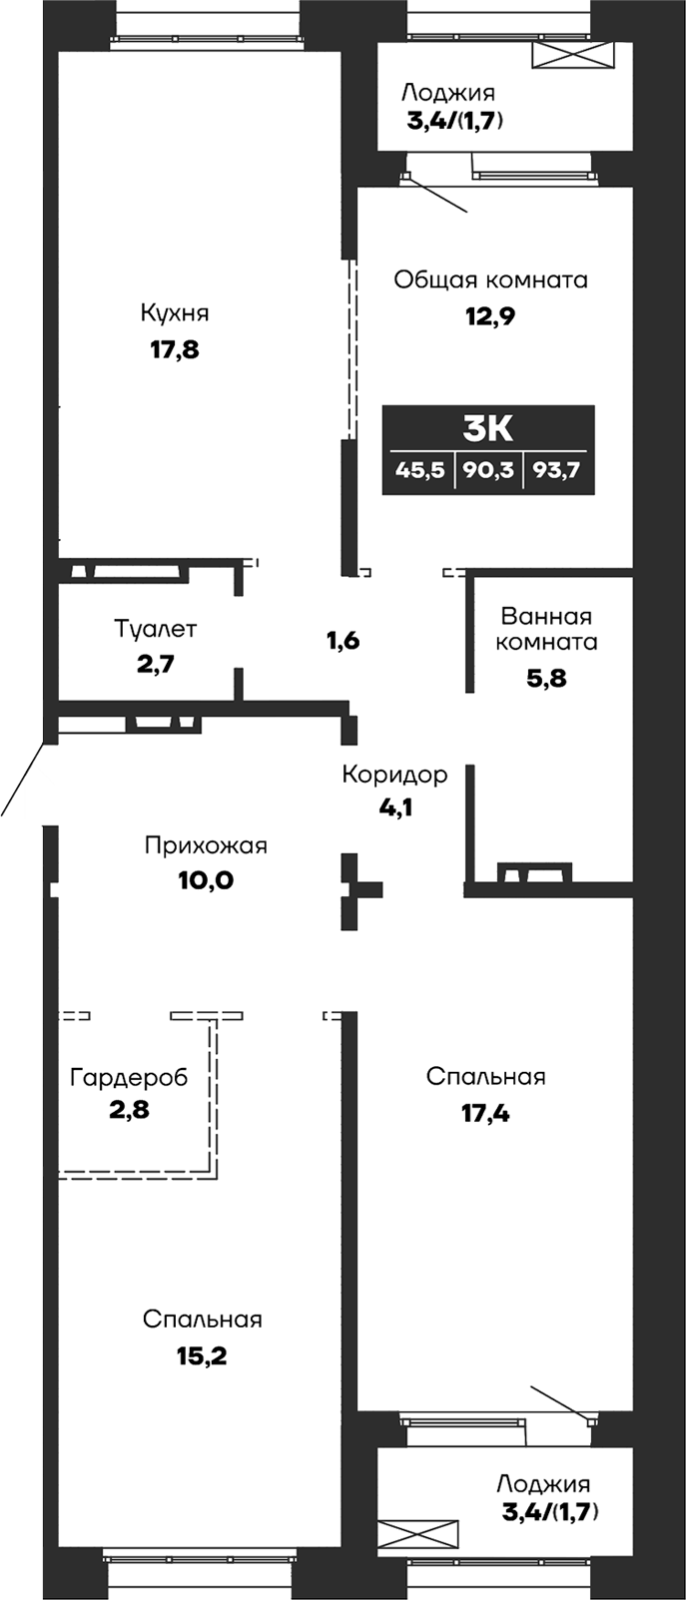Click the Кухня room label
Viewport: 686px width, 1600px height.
[x=175, y=313]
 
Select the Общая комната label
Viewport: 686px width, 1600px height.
[x=489, y=279]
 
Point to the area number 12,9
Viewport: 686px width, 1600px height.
[x=489, y=316]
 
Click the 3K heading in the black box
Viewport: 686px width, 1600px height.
[x=488, y=428]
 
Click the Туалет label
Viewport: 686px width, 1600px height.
[x=155, y=630]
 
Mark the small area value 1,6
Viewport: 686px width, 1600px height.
[x=343, y=641]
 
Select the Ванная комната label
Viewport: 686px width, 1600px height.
[x=546, y=629]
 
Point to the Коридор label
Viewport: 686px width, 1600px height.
[x=394, y=775]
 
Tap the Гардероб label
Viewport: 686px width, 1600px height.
[x=129, y=1077]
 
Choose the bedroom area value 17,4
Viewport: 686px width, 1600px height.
[x=485, y=1113]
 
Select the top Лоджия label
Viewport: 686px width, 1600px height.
[x=447, y=93]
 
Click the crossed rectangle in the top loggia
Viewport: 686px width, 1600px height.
[x=573, y=55]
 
